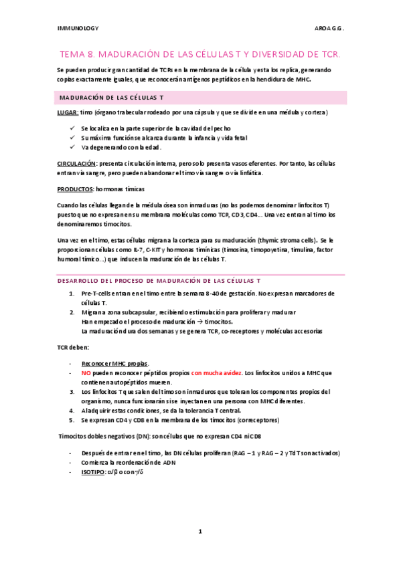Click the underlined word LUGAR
coord(68,112)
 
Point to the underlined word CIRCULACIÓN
coord(77,163)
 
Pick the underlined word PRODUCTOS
coord(74,189)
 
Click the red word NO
coord(86,372)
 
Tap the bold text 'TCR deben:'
coord(73,348)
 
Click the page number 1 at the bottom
coord(200,532)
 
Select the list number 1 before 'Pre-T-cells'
coord(72,294)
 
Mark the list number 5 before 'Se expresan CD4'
coord(72,419)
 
